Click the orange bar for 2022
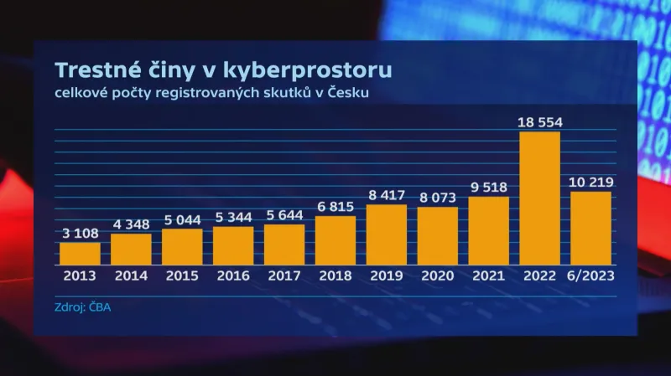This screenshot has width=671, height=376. [x=540, y=198]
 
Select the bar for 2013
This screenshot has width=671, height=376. [x=80, y=254]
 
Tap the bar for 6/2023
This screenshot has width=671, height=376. [x=591, y=228]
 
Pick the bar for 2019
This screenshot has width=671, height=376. [x=387, y=234]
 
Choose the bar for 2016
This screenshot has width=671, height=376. [x=233, y=245]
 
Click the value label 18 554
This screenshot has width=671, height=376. [x=540, y=121]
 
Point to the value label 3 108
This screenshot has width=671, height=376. [x=80, y=234]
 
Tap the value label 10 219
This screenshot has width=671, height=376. [x=591, y=182]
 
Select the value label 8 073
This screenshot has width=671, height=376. [x=438, y=198]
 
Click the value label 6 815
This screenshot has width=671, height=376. [x=335, y=207]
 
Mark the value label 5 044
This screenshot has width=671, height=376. [x=182, y=219]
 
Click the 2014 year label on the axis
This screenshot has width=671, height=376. [x=131, y=274]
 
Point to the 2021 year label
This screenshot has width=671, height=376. [x=489, y=274]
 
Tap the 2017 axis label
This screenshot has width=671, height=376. [x=284, y=274]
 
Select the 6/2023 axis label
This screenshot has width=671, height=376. [x=591, y=274]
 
